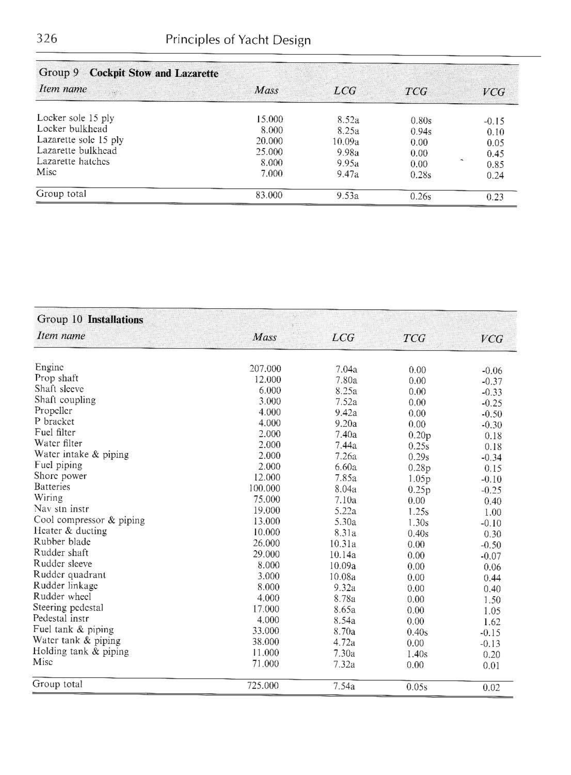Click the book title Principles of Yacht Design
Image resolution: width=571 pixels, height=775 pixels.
click(x=238, y=40)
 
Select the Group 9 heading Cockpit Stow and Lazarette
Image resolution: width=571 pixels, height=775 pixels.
click(x=154, y=73)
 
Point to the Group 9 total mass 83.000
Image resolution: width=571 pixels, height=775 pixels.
click(x=269, y=195)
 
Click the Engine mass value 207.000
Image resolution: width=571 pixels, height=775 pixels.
click(x=265, y=369)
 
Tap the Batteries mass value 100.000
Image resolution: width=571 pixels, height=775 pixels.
click(x=264, y=488)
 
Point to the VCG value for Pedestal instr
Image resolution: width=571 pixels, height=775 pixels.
click(x=492, y=622)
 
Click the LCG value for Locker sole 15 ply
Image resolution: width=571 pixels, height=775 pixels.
click(x=348, y=120)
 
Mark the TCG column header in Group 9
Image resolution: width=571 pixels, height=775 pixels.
click(x=416, y=91)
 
